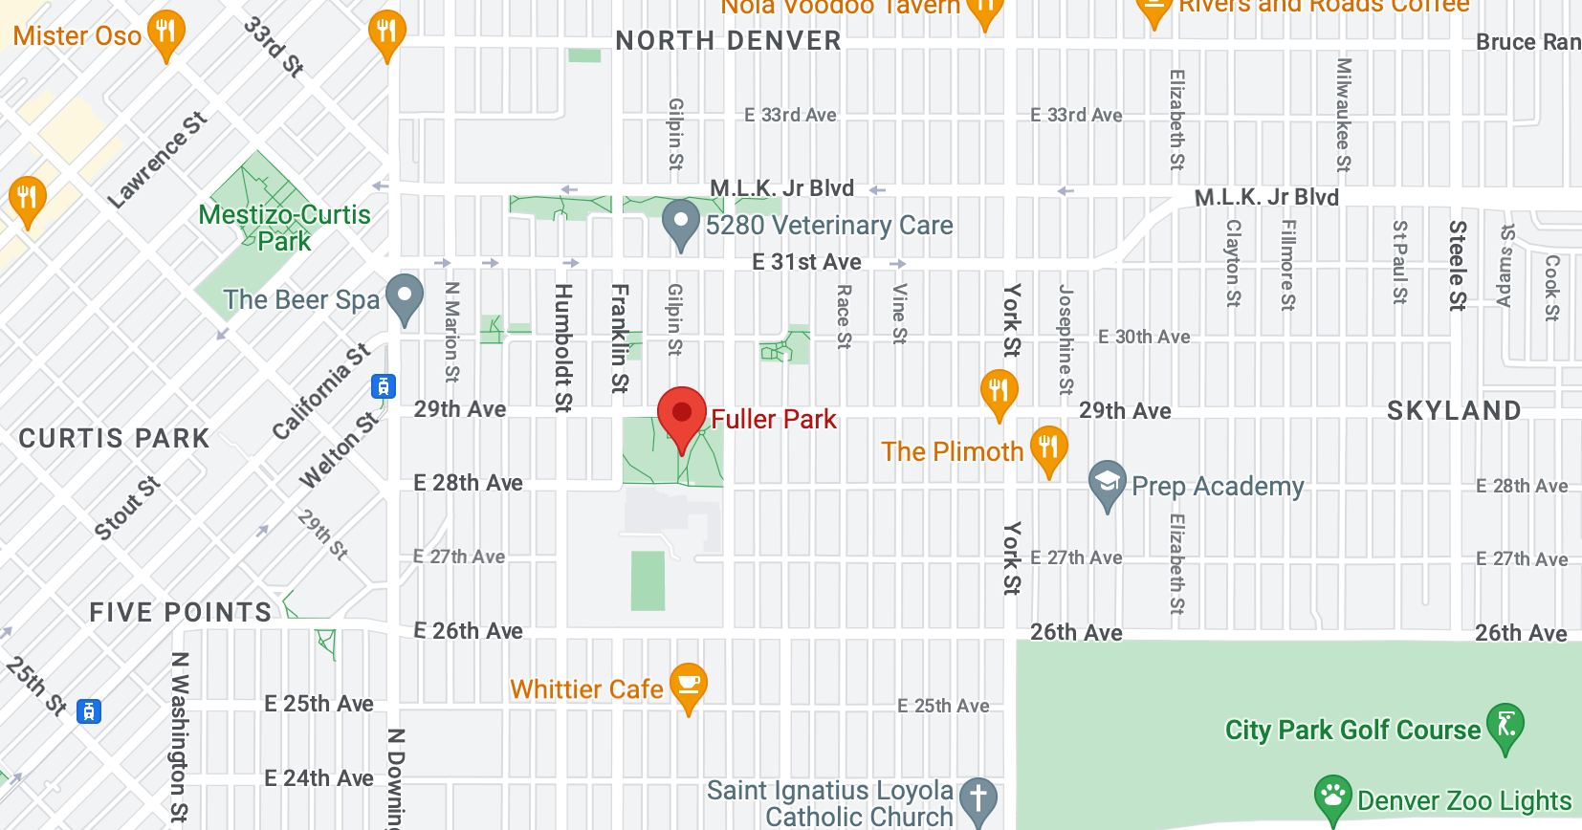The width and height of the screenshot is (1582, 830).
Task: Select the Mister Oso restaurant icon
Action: pos(166,33)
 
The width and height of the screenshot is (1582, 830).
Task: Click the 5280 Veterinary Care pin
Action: pos(681,223)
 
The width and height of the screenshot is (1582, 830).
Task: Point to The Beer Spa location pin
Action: pos(405,296)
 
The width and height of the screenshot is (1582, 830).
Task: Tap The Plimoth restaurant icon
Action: pos(1048,448)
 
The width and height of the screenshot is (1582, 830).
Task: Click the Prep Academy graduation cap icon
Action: pos(1107,484)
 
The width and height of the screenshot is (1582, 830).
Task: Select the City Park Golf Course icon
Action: pos(1505,726)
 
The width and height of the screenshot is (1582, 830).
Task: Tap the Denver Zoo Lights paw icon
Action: pos(1332,797)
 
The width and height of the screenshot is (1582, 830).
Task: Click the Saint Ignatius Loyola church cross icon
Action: pos(978,799)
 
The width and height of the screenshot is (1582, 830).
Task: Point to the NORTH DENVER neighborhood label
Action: pos(728,41)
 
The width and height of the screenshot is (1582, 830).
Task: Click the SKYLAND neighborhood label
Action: pos(1454,411)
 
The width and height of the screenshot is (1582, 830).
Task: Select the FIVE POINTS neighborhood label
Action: pos(181,612)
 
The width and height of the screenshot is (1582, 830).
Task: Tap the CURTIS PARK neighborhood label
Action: pos(114,438)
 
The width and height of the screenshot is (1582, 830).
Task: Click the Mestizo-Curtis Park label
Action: pos(284,228)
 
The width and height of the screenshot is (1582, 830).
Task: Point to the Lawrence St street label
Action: pos(157,160)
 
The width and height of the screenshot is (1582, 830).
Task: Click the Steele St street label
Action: pos(1458,266)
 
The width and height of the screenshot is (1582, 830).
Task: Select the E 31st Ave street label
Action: pos(806,262)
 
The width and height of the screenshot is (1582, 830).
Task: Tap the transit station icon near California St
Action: pos(384,386)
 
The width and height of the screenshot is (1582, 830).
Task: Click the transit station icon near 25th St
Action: pos(89,711)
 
